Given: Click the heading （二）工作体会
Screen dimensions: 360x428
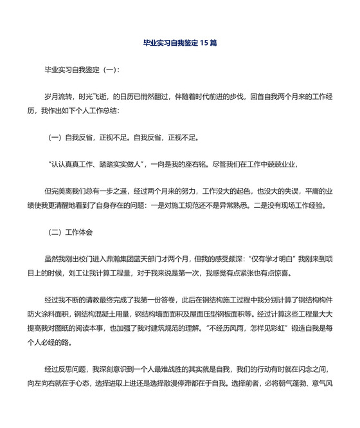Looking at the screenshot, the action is (72, 231).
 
